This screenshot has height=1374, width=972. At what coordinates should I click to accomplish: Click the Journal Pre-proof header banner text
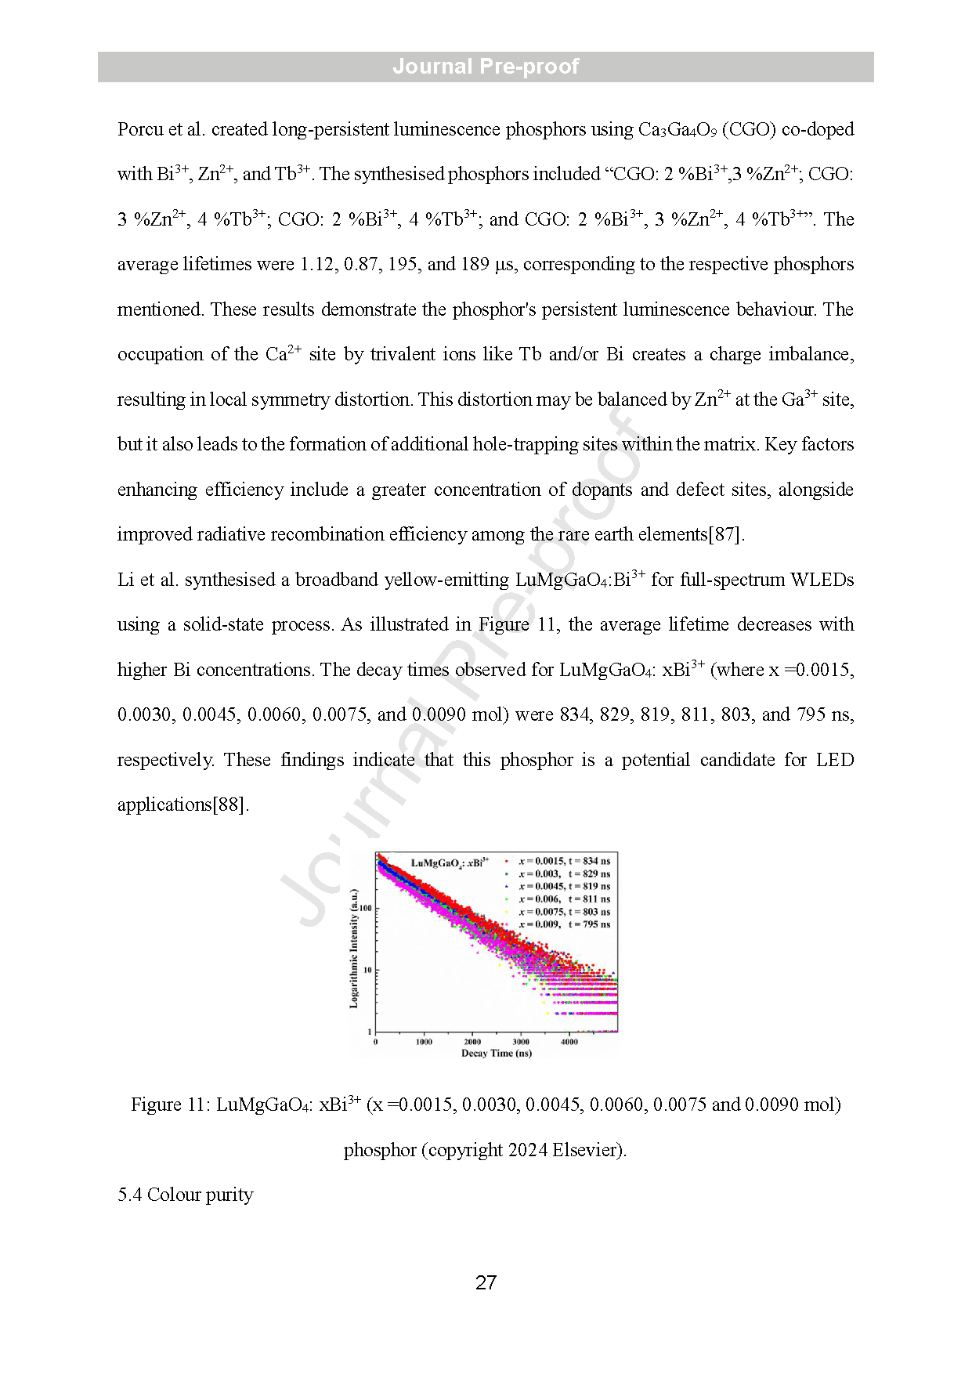pyautogui.click(x=486, y=67)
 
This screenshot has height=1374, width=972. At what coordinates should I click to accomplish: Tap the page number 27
pyautogui.click(x=486, y=1282)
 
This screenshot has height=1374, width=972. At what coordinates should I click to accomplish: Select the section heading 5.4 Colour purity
pyautogui.click(x=186, y=1195)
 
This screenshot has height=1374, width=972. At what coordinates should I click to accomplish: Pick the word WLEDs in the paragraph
pyautogui.click(x=822, y=580)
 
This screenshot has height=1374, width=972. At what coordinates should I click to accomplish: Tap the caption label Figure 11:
pyautogui.click(x=170, y=1105)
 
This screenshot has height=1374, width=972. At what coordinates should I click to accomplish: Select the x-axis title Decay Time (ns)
pyautogui.click(x=497, y=1054)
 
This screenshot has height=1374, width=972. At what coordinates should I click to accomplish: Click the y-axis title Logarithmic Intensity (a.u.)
pyautogui.click(x=353, y=948)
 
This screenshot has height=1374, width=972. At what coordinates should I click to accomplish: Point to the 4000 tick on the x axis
pyautogui.click(x=569, y=1042)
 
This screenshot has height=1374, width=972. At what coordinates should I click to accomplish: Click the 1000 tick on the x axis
pyautogui.click(x=424, y=1042)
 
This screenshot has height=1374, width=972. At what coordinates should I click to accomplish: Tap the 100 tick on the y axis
pyautogui.click(x=366, y=909)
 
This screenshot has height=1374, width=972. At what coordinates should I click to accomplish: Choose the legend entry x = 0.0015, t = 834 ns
pyautogui.click(x=564, y=861)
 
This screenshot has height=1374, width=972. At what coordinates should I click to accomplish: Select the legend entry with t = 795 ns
pyautogui.click(x=564, y=924)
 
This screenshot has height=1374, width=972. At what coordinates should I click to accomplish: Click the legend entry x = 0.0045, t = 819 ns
pyautogui.click(x=564, y=887)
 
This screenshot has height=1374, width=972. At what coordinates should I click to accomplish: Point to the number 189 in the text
pyautogui.click(x=475, y=265)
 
